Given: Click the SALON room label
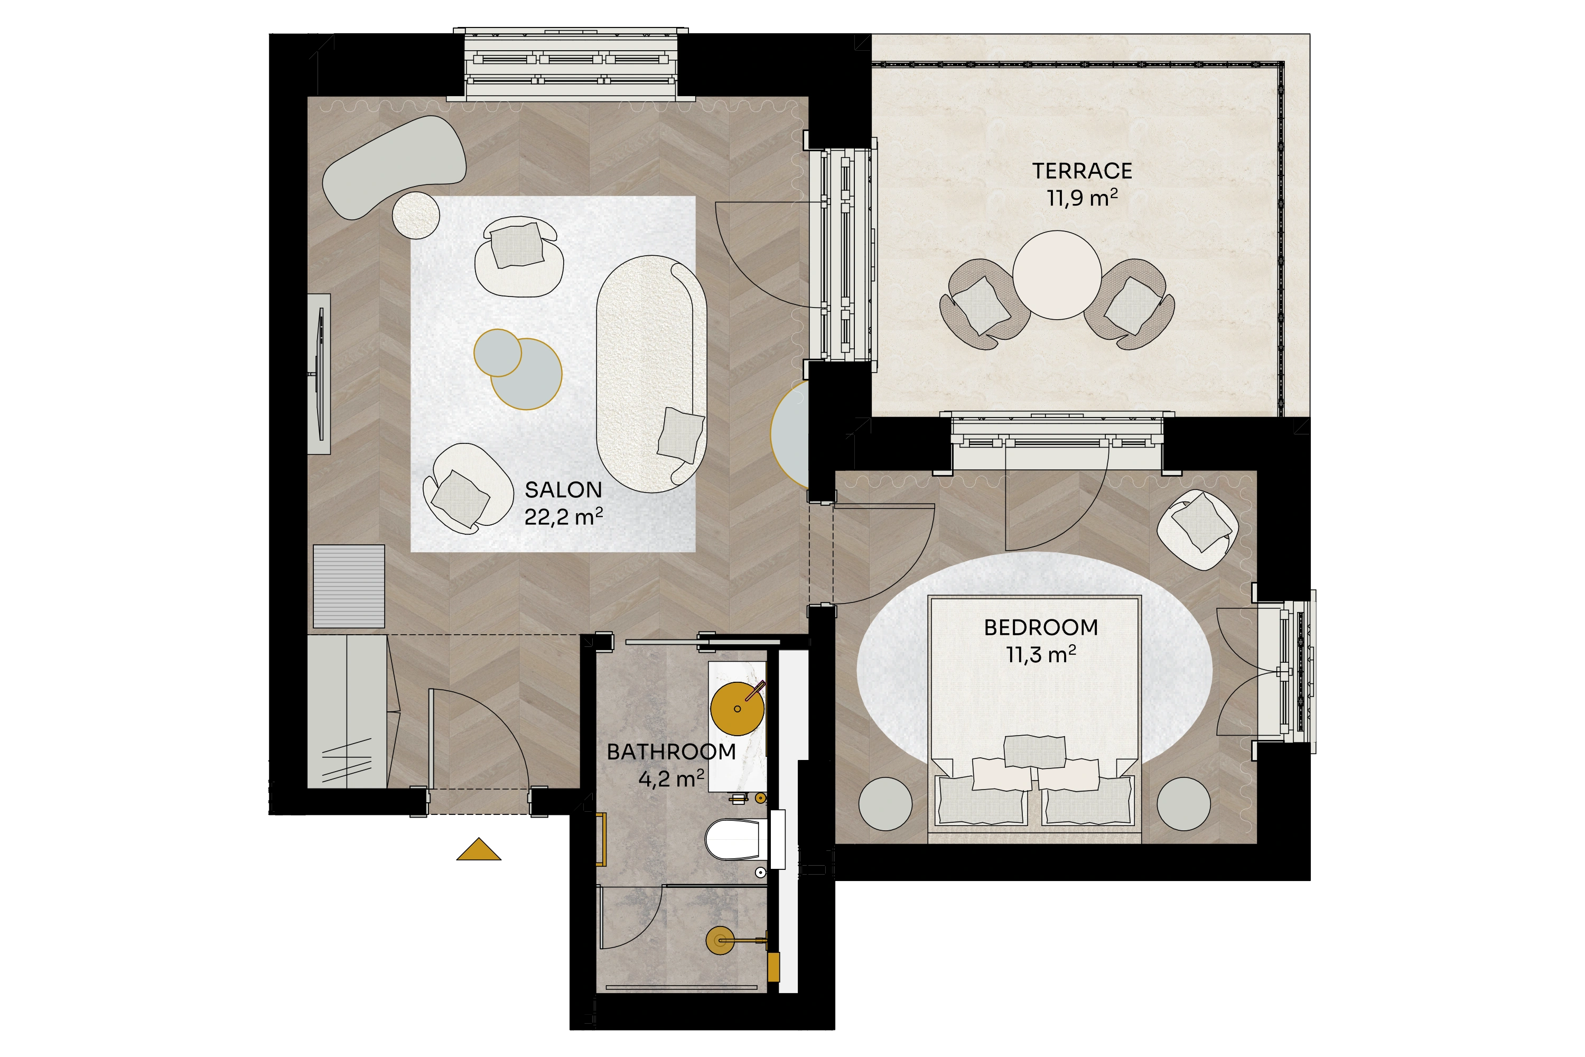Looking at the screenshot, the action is [563, 489].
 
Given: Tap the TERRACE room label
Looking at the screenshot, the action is [1082, 171].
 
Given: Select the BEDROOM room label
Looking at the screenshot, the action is [1041, 628].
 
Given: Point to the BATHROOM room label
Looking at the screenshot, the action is [671, 752].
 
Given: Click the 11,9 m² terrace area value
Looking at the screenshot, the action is [1082, 198].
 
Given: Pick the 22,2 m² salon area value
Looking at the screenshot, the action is [563, 517].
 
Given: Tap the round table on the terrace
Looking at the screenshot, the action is [1057, 275].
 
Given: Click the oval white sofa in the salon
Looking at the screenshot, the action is [651, 374].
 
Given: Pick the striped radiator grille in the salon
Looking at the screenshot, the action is [349, 587].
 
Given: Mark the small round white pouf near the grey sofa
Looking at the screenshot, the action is [416, 215].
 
